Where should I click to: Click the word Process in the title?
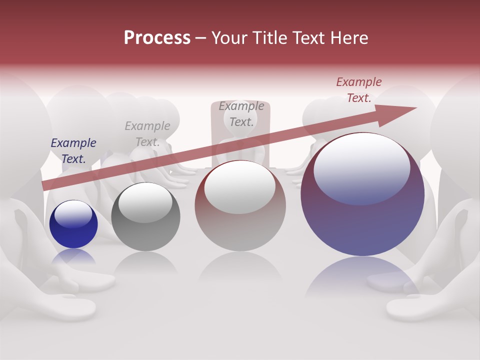click(x=157, y=38)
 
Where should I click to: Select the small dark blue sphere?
click(x=73, y=224)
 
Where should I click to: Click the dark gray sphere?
click(x=145, y=217)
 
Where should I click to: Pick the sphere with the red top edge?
click(x=240, y=206)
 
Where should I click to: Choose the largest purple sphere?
click(x=362, y=195)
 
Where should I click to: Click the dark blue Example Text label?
click(x=73, y=151)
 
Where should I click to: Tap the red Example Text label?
click(x=359, y=90)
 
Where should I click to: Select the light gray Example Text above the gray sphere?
click(x=147, y=134)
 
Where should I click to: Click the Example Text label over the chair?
click(x=241, y=114)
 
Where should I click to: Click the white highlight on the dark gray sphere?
click(x=145, y=202)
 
